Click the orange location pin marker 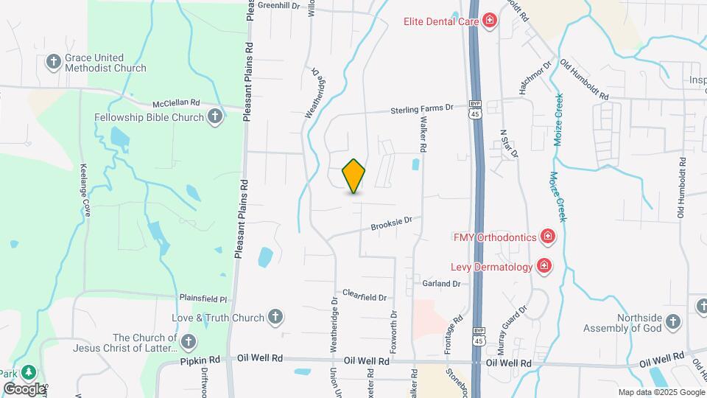coord(354,176)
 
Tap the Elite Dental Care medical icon coord(488,21)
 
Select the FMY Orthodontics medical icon coord(547,237)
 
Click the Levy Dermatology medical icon coord(544,265)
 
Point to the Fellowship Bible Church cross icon coord(214,116)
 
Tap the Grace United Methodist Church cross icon coord(53,63)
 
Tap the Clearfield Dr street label coord(364,297)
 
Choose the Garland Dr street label coord(441,283)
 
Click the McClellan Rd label coord(176,103)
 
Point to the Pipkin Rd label coord(200,360)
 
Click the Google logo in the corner coord(24,388)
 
